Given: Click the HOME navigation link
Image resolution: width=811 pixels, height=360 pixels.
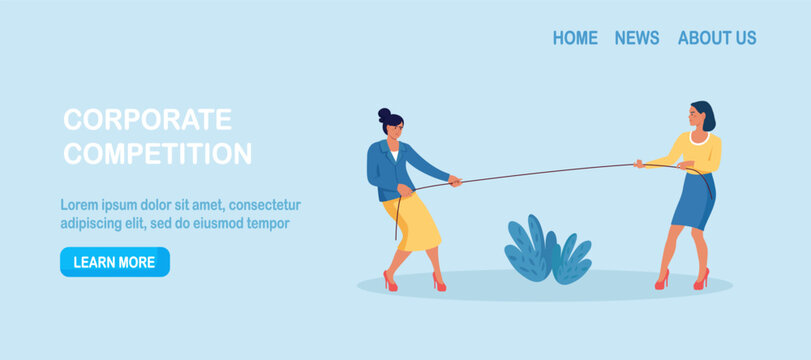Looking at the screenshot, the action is (575, 38).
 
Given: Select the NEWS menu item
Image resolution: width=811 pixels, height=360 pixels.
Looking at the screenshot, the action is (637, 38).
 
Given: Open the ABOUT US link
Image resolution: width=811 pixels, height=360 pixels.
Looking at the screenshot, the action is (717, 38).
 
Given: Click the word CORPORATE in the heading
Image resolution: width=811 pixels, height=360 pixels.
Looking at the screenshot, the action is (147, 119).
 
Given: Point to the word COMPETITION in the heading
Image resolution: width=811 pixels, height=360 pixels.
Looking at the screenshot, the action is (157, 154).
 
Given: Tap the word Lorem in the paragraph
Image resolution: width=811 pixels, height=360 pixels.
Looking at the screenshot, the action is (78, 205).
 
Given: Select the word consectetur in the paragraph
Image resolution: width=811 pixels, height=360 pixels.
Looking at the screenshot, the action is (265, 205).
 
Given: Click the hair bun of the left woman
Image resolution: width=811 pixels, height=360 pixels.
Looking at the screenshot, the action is (384, 115).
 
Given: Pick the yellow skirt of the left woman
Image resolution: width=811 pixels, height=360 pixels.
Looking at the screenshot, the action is (412, 223).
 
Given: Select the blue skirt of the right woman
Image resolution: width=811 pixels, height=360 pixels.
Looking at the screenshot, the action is (694, 201).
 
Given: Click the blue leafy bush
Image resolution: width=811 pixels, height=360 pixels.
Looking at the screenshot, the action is (548, 250).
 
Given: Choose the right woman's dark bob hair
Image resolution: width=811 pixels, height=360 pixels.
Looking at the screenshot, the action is (705, 114).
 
